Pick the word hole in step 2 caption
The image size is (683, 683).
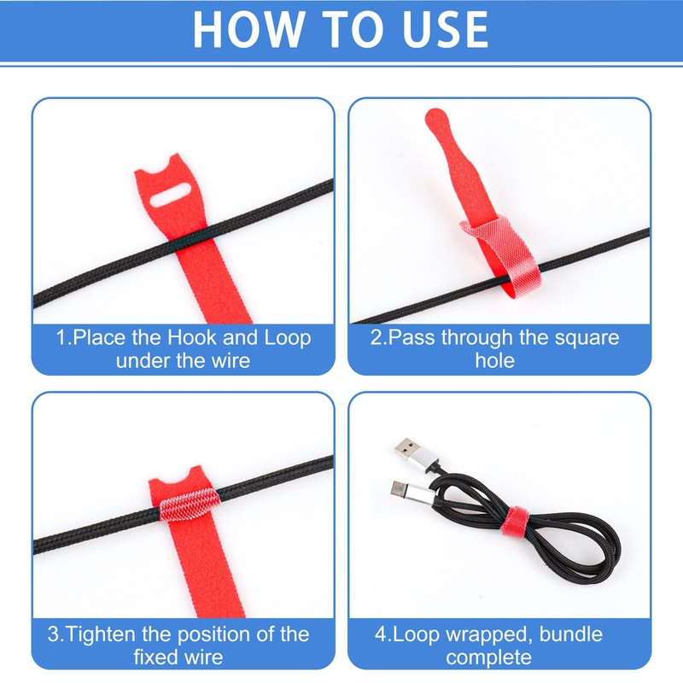(x=494, y=359)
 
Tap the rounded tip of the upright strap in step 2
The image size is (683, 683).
(x=436, y=120)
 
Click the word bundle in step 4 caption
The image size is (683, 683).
(x=572, y=634)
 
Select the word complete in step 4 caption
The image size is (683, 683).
(x=488, y=657)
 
